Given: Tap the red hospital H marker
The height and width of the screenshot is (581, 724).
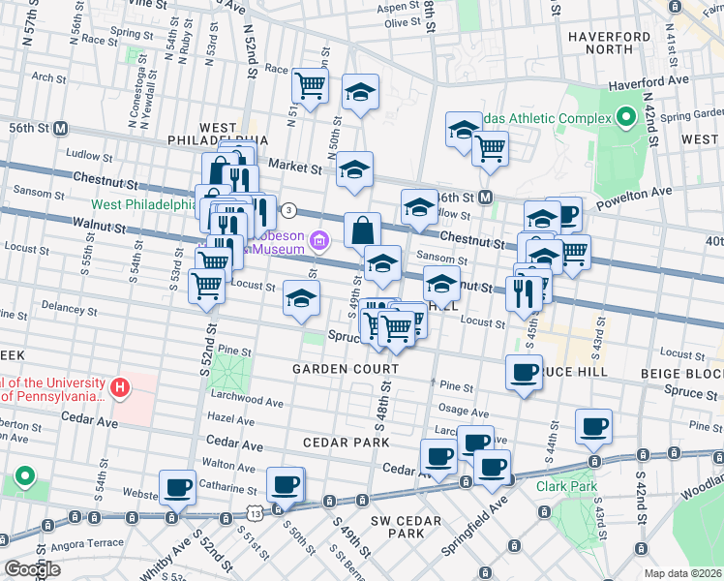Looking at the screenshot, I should click(x=120, y=389).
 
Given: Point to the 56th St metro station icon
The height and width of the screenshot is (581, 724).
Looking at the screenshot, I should click(x=60, y=128).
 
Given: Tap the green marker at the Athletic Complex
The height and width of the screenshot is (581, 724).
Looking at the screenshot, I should click(x=626, y=119).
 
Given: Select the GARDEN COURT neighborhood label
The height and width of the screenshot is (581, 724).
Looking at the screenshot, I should click(x=346, y=370).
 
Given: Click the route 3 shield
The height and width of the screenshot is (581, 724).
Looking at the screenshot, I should click(x=287, y=210).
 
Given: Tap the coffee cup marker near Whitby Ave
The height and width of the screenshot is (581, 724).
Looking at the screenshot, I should click(x=178, y=487).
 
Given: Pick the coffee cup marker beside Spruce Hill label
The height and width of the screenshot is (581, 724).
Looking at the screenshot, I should click(x=525, y=372).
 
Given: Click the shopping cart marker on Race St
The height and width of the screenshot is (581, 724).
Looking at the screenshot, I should click(x=310, y=86).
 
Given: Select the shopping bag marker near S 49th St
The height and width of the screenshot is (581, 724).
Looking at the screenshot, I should click(x=362, y=230).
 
